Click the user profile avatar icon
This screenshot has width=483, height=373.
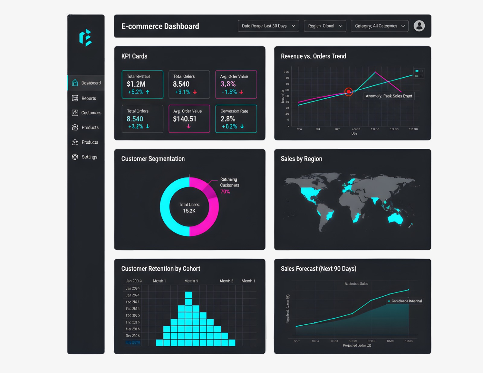pyautogui.click(x=419, y=26)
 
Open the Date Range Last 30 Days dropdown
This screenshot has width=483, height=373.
pyautogui.click(x=268, y=26)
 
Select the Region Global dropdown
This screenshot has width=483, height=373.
pyautogui.click(x=325, y=26)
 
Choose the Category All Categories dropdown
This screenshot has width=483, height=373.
pyautogui.click(x=379, y=26)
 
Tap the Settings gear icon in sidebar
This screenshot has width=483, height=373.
pyautogui.click(x=75, y=157)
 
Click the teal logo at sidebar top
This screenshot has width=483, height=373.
pyautogui.click(x=85, y=38)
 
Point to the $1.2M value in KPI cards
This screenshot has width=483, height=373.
pyautogui.click(x=136, y=84)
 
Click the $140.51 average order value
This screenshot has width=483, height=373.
pyautogui.click(x=185, y=119)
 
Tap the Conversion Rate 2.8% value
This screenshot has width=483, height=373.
pyautogui.click(x=228, y=119)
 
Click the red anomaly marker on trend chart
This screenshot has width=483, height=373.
pyautogui.click(x=349, y=91)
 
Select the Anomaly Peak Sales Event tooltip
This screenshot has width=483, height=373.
pyautogui.click(x=389, y=96)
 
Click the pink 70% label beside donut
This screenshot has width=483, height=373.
pyautogui.click(x=225, y=192)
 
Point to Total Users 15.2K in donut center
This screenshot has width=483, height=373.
pyautogui.click(x=189, y=208)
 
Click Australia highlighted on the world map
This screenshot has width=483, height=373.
pyautogui.click(x=395, y=218)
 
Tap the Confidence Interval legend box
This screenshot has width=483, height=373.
pyautogui.click(x=405, y=301)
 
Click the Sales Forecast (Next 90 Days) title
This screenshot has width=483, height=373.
pyautogui.click(x=318, y=269)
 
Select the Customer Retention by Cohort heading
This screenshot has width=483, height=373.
pyautogui.click(x=161, y=269)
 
